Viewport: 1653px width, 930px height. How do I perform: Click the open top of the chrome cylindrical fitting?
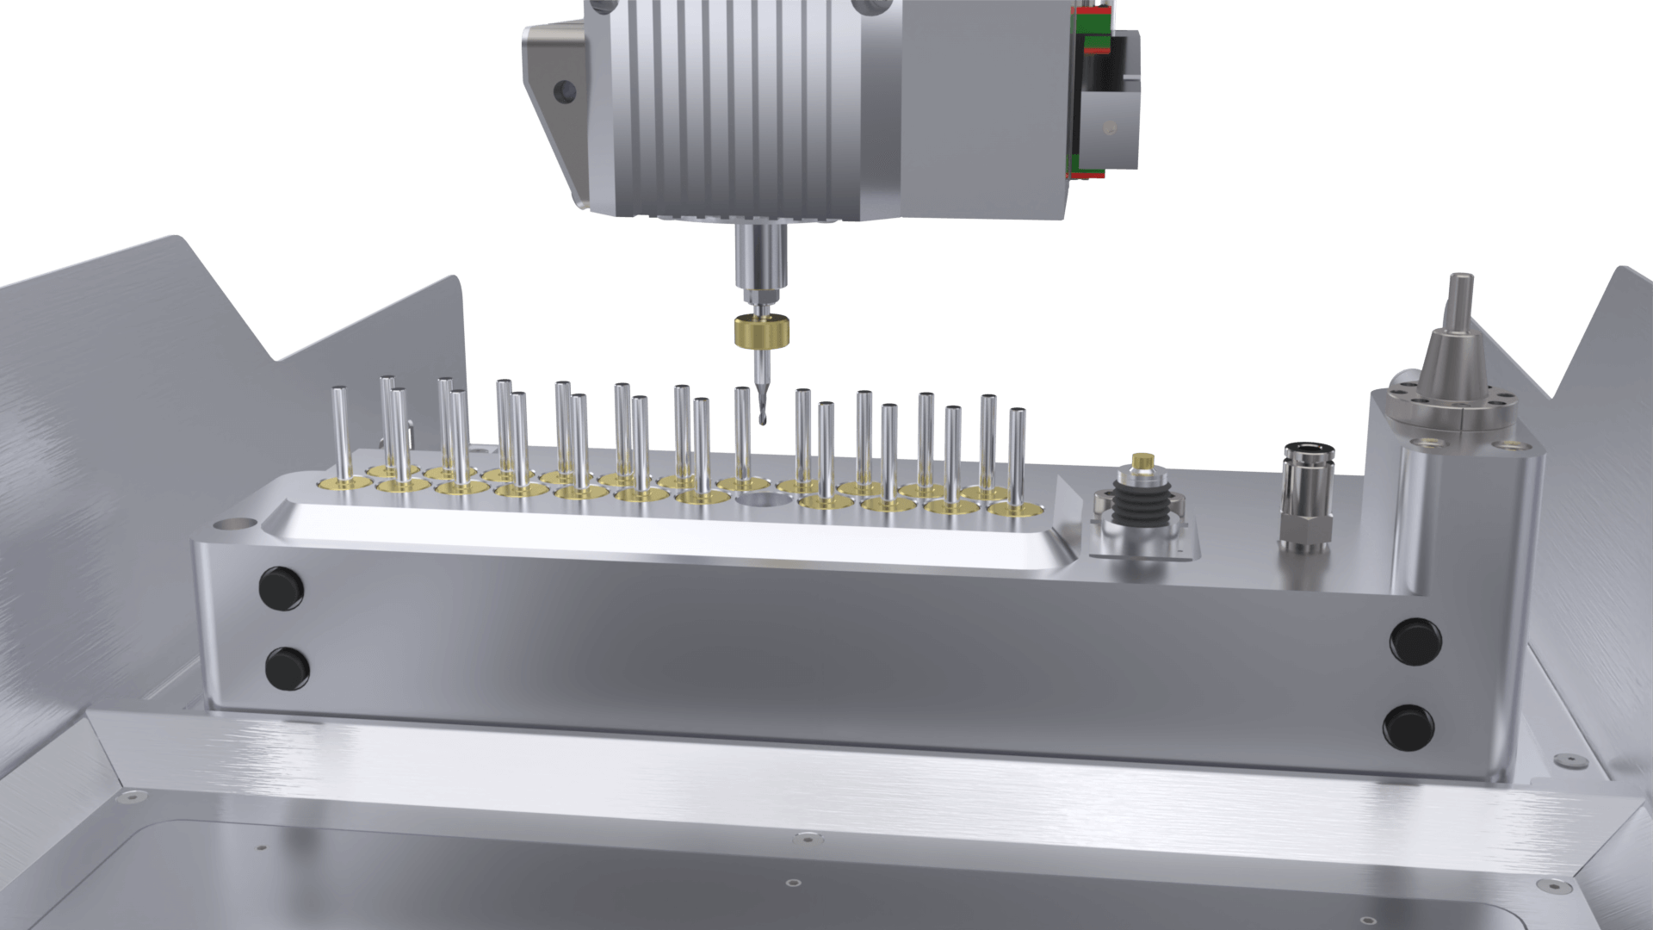click(x=1299, y=449)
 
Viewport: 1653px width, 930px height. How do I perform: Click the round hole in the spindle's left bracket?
click(x=565, y=90)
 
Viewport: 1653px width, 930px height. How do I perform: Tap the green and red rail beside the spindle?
click(x=1087, y=90)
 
